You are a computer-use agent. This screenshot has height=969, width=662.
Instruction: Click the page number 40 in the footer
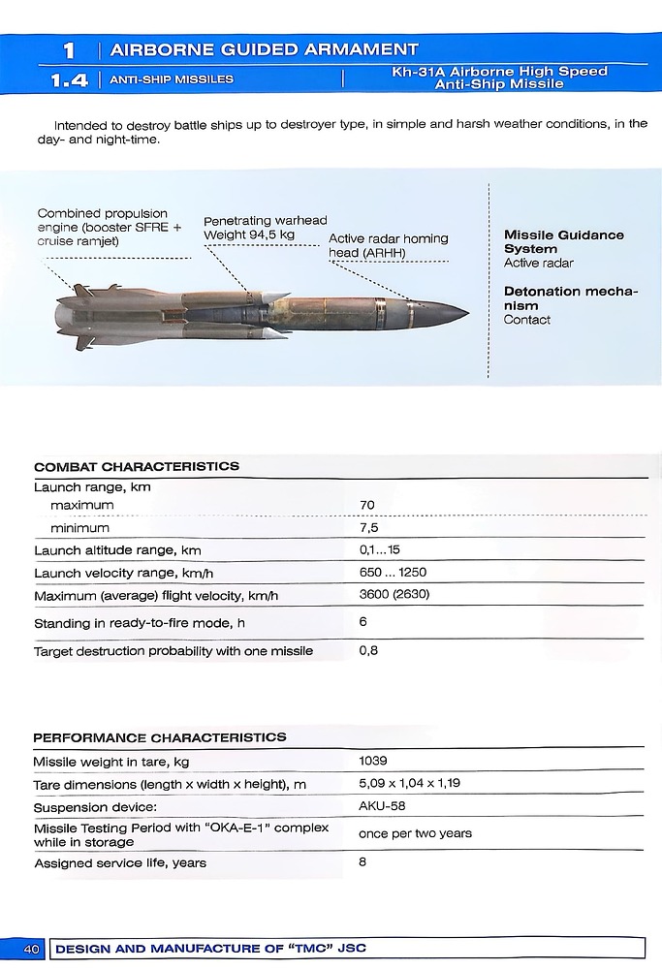pos(31,949)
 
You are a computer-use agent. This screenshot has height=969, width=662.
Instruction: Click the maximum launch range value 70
pos(366,505)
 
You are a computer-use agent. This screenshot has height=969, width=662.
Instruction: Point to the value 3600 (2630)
pos(394,594)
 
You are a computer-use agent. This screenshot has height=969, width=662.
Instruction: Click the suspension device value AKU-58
pos(382,805)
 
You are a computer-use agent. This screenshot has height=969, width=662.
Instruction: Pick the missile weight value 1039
pos(373,761)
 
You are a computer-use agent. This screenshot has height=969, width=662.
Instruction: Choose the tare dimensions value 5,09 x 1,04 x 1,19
pos(409,783)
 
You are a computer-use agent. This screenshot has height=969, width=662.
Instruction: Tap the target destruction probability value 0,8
pos(368,650)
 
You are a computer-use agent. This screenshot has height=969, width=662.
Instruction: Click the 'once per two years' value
pos(415,833)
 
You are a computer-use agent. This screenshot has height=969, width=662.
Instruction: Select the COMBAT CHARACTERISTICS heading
pos(136,466)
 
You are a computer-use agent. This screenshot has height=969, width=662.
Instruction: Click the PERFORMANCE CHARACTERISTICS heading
pos(160,737)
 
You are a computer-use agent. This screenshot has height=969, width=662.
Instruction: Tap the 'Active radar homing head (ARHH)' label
pos(388,245)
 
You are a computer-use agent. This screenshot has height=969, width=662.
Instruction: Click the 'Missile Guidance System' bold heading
pos(563,241)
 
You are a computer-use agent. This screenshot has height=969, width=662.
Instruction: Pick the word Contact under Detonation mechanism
pos(526,320)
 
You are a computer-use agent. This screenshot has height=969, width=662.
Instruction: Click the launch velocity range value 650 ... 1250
pos(393,573)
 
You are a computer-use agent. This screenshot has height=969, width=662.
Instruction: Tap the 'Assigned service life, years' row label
pos(120,862)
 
